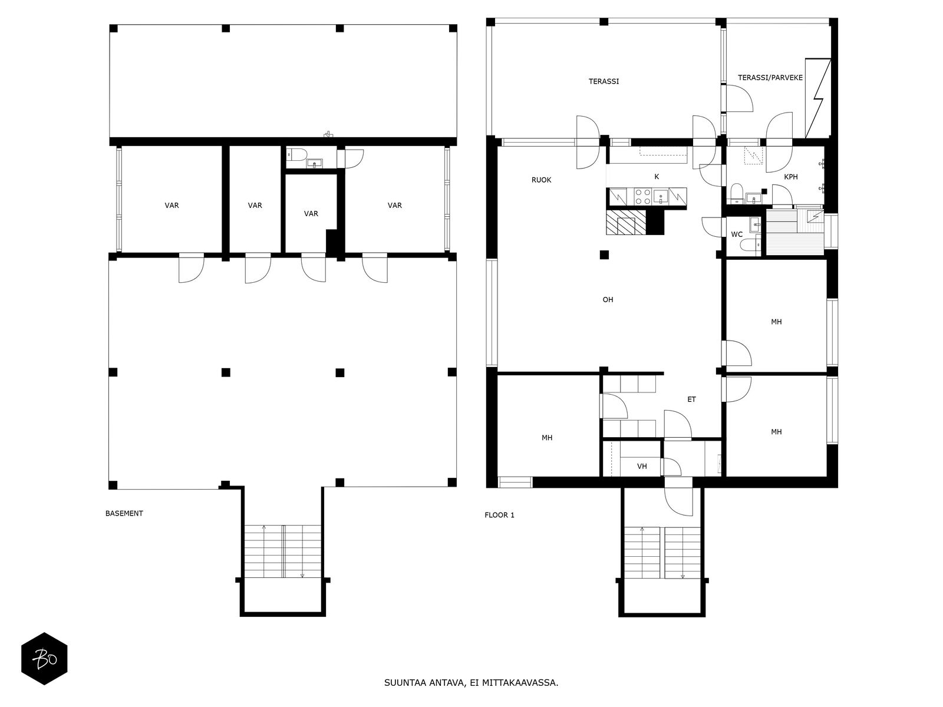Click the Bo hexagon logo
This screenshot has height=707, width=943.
pos(44,659)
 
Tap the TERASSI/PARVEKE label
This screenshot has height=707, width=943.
pos(770,78)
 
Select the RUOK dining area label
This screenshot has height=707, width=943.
pos(541,180)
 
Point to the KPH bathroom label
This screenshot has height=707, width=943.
pos(790,177)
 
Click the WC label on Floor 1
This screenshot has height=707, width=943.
pos(736,234)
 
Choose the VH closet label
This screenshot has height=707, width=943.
pos(642,466)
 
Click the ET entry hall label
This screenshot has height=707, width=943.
pos(691,399)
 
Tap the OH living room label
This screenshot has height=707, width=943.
pos(608,300)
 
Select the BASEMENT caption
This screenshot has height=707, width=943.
pos(124,513)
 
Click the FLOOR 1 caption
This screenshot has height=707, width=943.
pos(499,515)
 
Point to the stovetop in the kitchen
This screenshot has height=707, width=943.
pos(642,197)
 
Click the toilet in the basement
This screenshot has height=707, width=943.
pos(296,154)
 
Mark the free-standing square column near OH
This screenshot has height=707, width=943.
pos(604,255)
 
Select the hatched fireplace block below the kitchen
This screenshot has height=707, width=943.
pos(625,222)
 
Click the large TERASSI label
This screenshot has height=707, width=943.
pos(603,81)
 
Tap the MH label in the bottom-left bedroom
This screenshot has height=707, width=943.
pos(546,438)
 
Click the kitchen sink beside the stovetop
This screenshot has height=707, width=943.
pos(660,197)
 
